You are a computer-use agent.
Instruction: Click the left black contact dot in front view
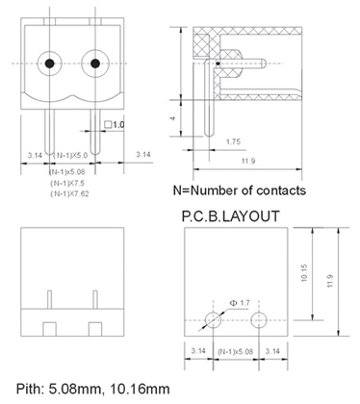[x=49, y=63]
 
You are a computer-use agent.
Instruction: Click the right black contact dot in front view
[x=95, y=63]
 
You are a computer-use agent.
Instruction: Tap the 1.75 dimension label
[x=233, y=141]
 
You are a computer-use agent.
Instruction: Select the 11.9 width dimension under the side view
[x=248, y=161]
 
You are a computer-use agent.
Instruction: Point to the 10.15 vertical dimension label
[x=304, y=273]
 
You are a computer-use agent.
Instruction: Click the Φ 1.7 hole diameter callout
[x=240, y=303]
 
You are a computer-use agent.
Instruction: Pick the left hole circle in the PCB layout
[x=213, y=320]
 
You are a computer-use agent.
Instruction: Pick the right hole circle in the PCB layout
[x=259, y=320]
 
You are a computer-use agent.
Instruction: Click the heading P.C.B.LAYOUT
[x=231, y=216]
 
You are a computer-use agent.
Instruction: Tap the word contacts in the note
[x=281, y=190]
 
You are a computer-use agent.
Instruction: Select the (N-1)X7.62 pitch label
[x=69, y=193]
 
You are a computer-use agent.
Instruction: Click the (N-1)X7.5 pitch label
[x=67, y=183]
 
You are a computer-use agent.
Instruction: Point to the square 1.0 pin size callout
[x=115, y=124]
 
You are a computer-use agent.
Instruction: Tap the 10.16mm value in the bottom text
[x=140, y=389]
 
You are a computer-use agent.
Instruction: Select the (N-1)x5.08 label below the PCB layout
[x=235, y=351]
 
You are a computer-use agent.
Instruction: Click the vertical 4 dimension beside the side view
[x=173, y=118]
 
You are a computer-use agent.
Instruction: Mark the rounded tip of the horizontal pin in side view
[x=264, y=63]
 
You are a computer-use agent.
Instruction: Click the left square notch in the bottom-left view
[x=49, y=329]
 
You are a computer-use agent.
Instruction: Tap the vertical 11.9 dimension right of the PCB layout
[x=330, y=281]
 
